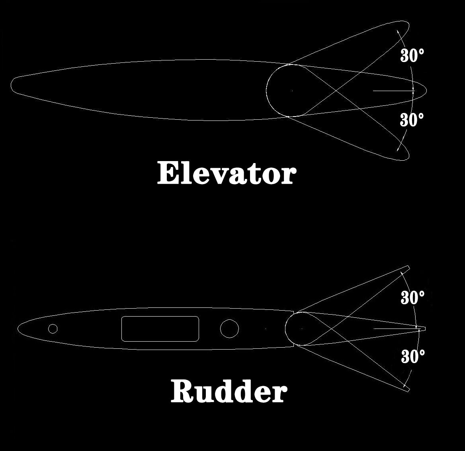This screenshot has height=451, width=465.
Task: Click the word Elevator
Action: point(227,173)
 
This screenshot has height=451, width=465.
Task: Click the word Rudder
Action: point(229,392)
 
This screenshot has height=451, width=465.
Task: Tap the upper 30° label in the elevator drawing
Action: point(412,55)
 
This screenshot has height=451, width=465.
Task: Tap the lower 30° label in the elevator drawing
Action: point(412,119)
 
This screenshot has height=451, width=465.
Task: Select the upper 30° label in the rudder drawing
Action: point(412,297)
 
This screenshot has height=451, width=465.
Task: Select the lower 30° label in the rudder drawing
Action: point(413,357)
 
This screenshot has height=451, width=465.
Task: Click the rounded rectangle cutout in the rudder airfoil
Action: point(160,329)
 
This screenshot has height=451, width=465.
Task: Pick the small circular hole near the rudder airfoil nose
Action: point(53,329)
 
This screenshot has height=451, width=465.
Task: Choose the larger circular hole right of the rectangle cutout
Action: point(229,329)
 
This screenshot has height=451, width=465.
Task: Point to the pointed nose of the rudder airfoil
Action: point(19,329)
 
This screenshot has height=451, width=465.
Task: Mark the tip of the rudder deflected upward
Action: point(408,267)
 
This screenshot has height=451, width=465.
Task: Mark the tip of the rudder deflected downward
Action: point(408,389)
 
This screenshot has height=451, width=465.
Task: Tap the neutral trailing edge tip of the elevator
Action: point(426,90)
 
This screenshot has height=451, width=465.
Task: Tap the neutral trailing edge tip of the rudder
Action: point(425,329)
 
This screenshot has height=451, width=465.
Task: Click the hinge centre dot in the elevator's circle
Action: point(292,91)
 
